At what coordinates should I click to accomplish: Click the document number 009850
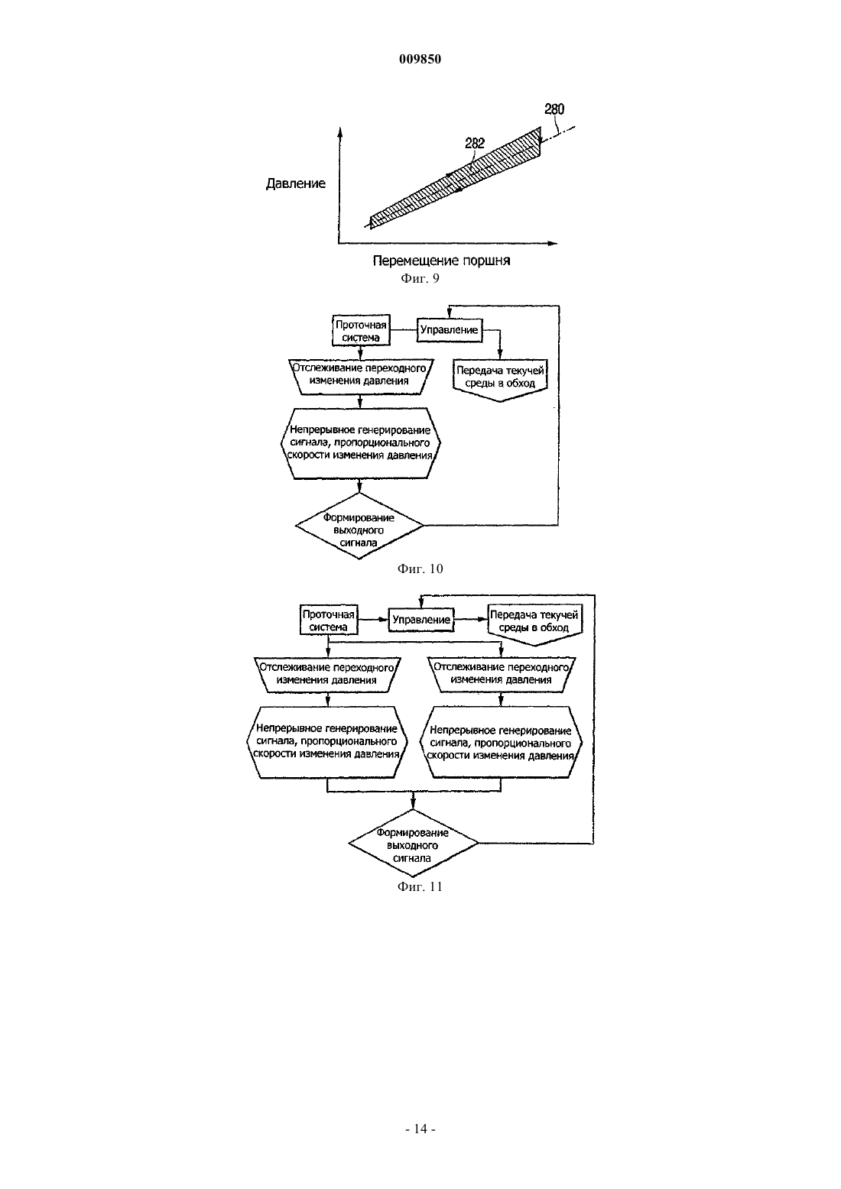(x=420, y=59)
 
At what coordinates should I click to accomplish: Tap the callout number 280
(x=554, y=109)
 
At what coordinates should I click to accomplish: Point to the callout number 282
(x=475, y=144)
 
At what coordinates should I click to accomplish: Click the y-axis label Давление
(x=296, y=183)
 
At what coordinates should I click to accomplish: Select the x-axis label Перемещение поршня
(x=441, y=261)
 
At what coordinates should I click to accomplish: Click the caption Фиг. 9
(x=420, y=279)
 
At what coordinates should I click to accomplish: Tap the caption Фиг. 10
(x=420, y=569)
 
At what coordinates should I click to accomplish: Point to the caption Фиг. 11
(x=420, y=887)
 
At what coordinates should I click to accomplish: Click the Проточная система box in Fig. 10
(x=361, y=331)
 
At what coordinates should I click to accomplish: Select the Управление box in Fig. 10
(x=450, y=329)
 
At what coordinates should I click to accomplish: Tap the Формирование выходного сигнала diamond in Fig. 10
(x=359, y=526)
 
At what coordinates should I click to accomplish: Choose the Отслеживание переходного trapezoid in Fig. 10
(x=360, y=377)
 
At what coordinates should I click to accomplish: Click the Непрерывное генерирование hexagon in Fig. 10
(x=360, y=443)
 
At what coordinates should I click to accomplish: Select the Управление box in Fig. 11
(x=421, y=620)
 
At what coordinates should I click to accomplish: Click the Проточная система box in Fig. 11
(x=329, y=620)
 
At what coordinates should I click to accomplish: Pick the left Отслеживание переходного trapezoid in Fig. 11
(x=327, y=675)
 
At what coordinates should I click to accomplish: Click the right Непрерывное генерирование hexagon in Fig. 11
(x=502, y=743)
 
